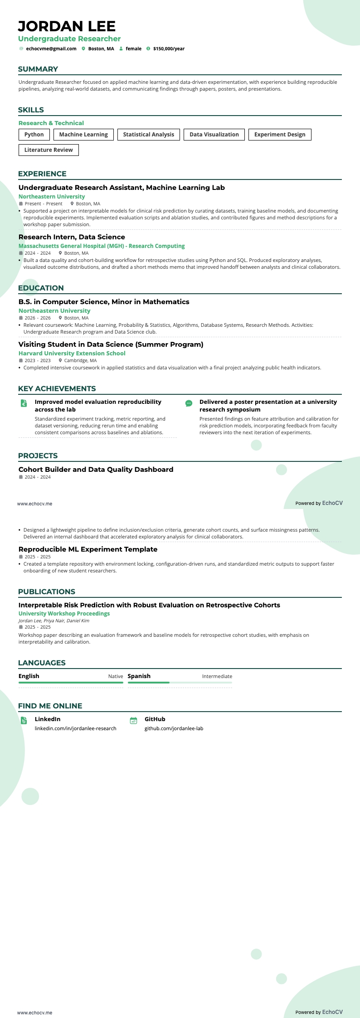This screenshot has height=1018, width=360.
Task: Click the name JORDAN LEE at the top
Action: coord(67,26)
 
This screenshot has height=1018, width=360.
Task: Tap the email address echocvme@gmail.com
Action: coord(51,48)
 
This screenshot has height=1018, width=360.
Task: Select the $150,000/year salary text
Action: coord(169,48)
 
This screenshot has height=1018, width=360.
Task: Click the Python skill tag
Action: coord(34,135)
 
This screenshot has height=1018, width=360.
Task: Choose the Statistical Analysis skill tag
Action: coord(148,135)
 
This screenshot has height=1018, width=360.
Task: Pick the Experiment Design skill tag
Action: coord(280,135)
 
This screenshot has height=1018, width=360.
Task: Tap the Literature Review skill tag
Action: coord(49,150)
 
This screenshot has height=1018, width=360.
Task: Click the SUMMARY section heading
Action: coord(38,69)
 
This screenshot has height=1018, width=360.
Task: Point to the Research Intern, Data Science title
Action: coord(72,237)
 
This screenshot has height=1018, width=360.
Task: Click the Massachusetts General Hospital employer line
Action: coord(102,246)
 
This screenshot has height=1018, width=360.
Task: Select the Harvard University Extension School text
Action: coord(72,354)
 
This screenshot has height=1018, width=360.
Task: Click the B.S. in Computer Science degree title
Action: coord(104,302)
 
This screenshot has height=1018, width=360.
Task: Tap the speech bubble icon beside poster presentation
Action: coord(189,403)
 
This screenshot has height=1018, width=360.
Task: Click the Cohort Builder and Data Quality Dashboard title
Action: coord(96,470)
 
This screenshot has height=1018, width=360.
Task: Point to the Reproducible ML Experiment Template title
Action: coord(88,549)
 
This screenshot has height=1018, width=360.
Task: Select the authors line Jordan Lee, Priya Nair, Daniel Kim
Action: coord(54,620)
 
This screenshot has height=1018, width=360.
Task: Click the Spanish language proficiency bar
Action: coord(180,682)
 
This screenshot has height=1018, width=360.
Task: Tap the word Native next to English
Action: coord(116,676)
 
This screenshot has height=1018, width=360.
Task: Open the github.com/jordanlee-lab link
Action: coord(174,728)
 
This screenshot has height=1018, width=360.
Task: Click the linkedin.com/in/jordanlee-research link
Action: coord(76,728)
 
